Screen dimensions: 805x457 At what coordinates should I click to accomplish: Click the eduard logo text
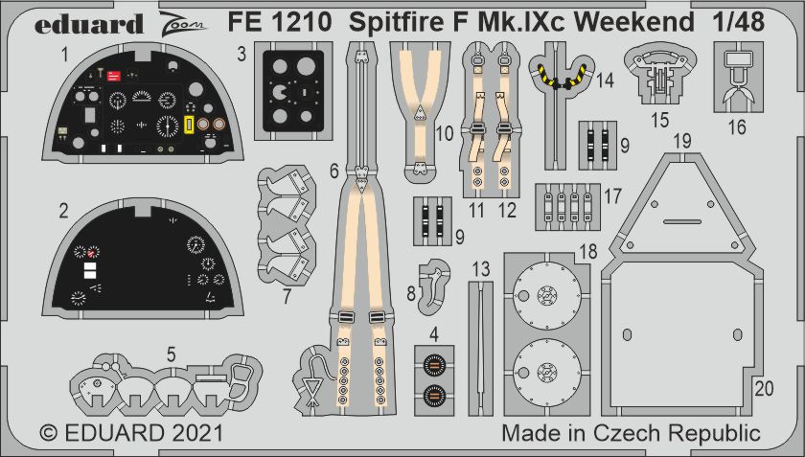[88, 24]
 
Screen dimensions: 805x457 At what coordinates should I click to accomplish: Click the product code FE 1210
[279, 23]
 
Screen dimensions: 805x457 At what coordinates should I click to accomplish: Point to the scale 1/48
[738, 23]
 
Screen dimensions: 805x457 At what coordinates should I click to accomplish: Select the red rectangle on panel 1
[113, 77]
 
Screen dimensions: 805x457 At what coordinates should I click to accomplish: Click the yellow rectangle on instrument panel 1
[189, 125]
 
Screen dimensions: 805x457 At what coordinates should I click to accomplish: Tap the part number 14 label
[606, 80]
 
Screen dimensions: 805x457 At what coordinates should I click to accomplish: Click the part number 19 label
[682, 141]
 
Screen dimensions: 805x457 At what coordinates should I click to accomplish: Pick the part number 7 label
[287, 297]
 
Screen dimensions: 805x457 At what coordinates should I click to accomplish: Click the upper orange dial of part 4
[434, 364]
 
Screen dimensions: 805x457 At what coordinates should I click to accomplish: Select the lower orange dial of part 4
[434, 396]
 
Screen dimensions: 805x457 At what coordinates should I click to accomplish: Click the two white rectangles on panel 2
[90, 270]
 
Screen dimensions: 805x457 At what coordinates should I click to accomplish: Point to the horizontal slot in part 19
[682, 222]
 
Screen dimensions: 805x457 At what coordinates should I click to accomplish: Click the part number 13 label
[481, 269]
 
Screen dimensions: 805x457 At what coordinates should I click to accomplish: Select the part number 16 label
[737, 126]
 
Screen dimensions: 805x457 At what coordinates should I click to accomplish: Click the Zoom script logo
[182, 23]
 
